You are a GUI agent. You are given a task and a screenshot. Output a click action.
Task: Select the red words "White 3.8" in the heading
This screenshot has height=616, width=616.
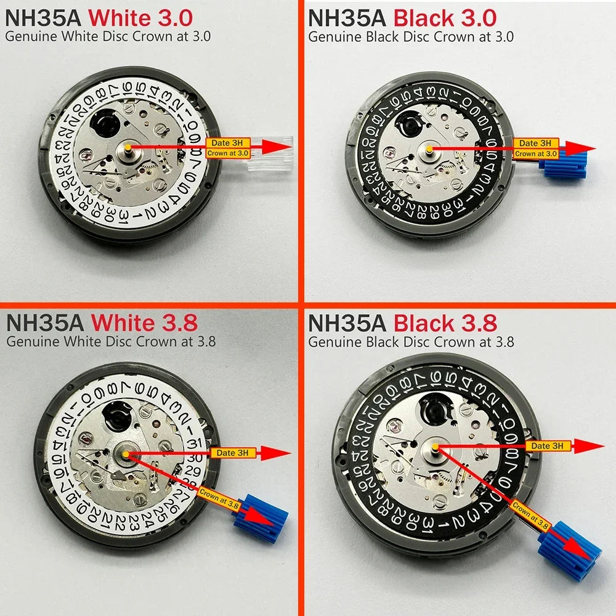144,322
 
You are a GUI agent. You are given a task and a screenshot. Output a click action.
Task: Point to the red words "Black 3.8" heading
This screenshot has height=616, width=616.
445,322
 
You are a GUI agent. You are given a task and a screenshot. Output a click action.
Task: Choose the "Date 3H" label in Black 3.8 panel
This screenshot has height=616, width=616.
547,445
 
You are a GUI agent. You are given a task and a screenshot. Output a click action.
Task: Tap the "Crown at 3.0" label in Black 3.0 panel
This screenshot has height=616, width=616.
536,153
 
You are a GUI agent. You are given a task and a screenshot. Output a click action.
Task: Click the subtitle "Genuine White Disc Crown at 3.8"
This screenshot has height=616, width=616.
110,341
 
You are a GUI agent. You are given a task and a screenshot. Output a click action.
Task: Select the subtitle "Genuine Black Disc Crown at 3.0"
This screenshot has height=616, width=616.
411,36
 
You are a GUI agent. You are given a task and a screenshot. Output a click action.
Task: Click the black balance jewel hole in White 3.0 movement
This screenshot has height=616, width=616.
101,124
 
